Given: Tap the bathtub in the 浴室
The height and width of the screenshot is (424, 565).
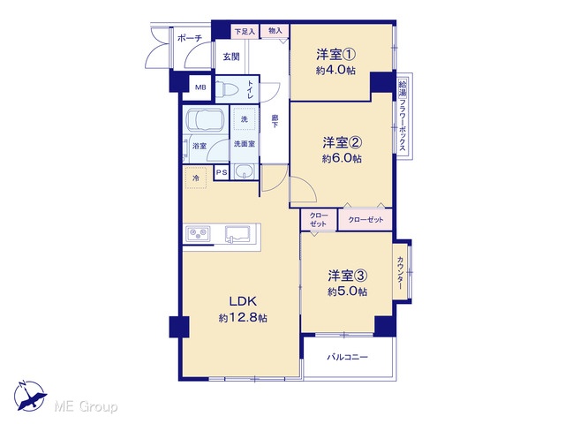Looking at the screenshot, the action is point(206,119).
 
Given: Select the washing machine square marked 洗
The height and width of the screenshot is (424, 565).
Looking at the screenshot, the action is point(245,118).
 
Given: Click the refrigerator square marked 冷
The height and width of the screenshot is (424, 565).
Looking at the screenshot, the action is point(196,178).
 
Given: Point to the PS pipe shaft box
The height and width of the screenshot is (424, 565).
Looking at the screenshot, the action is point(222,173).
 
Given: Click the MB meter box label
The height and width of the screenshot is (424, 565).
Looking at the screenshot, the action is point(200,87).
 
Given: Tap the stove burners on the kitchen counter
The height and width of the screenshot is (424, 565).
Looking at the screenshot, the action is point(198,233).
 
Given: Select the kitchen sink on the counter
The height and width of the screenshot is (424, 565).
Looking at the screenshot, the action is point(237,233).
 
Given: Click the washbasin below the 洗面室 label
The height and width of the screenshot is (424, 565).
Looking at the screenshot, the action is point(245,172).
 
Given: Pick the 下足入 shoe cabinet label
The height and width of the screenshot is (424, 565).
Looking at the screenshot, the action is point(245,32).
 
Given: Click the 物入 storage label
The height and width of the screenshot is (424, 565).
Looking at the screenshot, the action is point(275,31).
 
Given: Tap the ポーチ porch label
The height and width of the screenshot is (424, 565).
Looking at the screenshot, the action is point(190,38).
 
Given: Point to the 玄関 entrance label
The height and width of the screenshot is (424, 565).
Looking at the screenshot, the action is point(231,57).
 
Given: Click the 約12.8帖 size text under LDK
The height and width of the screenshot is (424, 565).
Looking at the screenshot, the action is point(242,318).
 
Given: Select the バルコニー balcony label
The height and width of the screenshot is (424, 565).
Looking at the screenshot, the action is point(347,357).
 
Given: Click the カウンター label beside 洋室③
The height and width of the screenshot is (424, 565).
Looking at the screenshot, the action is point(400,273).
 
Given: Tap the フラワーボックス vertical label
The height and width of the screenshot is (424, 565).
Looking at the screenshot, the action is point(403,125).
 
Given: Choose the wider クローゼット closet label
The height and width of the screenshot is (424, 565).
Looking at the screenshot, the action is point(365,220).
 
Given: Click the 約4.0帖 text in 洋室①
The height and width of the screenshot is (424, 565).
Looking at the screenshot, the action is point(335,71).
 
